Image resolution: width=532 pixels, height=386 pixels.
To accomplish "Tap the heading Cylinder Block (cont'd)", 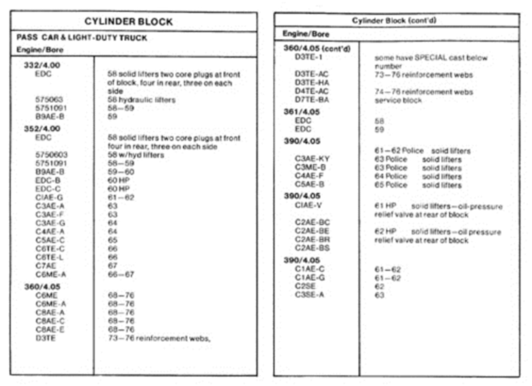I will (394, 21).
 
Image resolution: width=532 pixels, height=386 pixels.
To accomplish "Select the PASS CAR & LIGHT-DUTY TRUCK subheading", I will (82, 38).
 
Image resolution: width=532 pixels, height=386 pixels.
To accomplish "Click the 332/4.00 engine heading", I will (42, 65).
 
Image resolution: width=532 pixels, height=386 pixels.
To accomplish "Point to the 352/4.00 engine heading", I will (42, 129).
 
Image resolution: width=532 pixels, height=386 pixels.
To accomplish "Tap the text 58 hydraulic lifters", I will (142, 100).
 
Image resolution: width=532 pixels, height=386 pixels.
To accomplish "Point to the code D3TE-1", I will (308, 57).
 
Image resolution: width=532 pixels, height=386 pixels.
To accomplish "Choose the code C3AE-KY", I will (312, 159).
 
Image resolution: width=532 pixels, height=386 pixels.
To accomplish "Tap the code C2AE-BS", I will (312, 248).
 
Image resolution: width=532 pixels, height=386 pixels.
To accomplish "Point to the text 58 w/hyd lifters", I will (136, 155).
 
